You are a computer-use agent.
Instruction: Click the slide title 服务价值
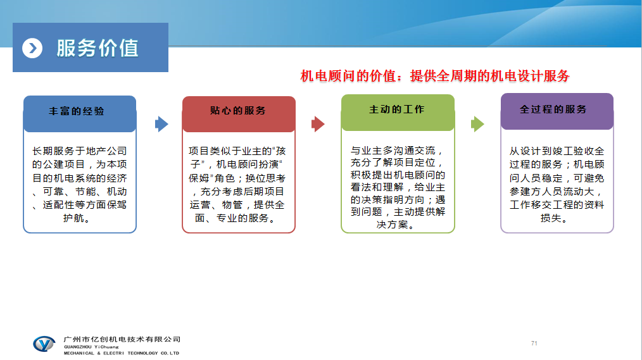(x=98, y=48)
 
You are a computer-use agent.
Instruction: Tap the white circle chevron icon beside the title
(x=32, y=48)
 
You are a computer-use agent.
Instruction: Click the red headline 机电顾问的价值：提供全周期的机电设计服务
(x=435, y=76)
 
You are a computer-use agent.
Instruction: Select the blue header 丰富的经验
(x=77, y=111)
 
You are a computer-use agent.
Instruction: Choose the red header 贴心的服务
(x=238, y=111)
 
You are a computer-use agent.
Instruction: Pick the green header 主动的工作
(x=397, y=109)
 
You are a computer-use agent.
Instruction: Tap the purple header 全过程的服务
(x=553, y=109)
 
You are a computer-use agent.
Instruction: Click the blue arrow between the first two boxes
(x=161, y=124)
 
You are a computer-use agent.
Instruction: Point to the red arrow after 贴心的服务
(x=318, y=124)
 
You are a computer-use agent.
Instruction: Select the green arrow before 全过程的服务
(x=477, y=124)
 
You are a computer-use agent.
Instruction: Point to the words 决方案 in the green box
(x=393, y=225)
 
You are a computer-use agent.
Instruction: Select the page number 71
(x=534, y=343)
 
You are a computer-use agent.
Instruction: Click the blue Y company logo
(x=44, y=344)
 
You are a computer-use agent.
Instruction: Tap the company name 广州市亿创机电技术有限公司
(x=122, y=339)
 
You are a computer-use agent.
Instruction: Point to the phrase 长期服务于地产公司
(x=80, y=151)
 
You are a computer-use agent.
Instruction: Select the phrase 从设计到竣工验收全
(x=557, y=151)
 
